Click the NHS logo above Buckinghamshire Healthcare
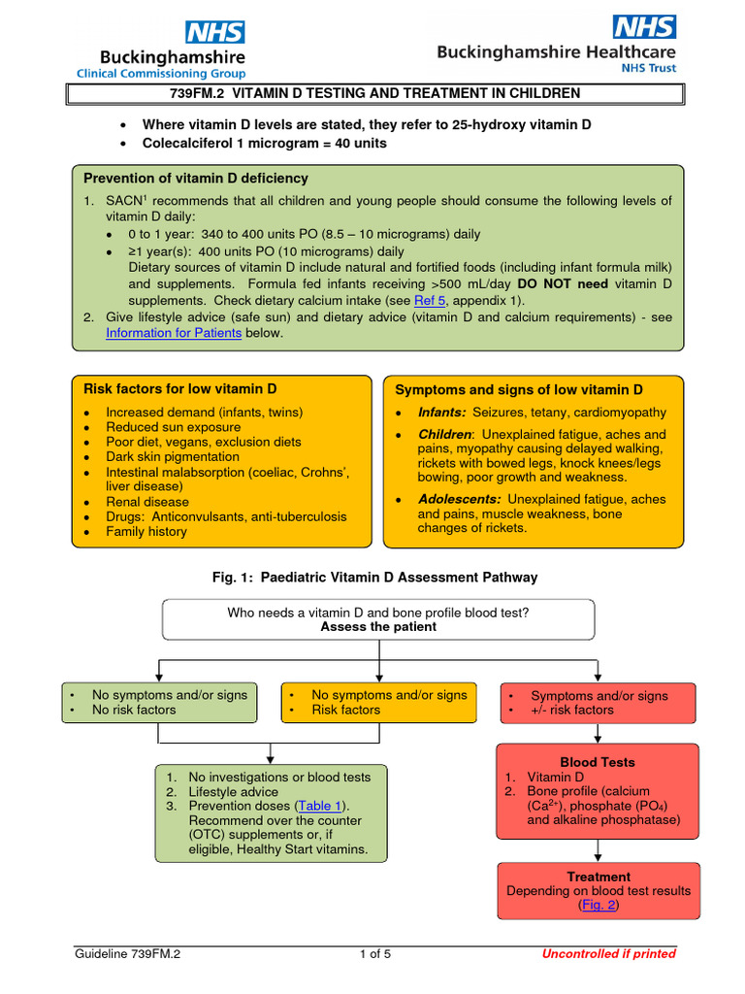(644, 25)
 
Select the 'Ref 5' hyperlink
(430, 301)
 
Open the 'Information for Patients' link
(174, 332)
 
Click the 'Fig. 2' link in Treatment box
(598, 905)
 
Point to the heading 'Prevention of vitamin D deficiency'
(196, 179)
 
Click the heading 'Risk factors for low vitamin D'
(180, 388)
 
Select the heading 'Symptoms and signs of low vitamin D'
(519, 389)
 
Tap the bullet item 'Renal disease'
(147, 502)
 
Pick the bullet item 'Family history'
(146, 531)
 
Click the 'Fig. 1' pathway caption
(374, 578)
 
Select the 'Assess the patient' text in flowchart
(378, 627)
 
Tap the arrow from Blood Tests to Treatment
(598, 851)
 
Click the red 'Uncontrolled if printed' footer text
(608, 953)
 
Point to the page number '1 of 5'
(374, 953)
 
